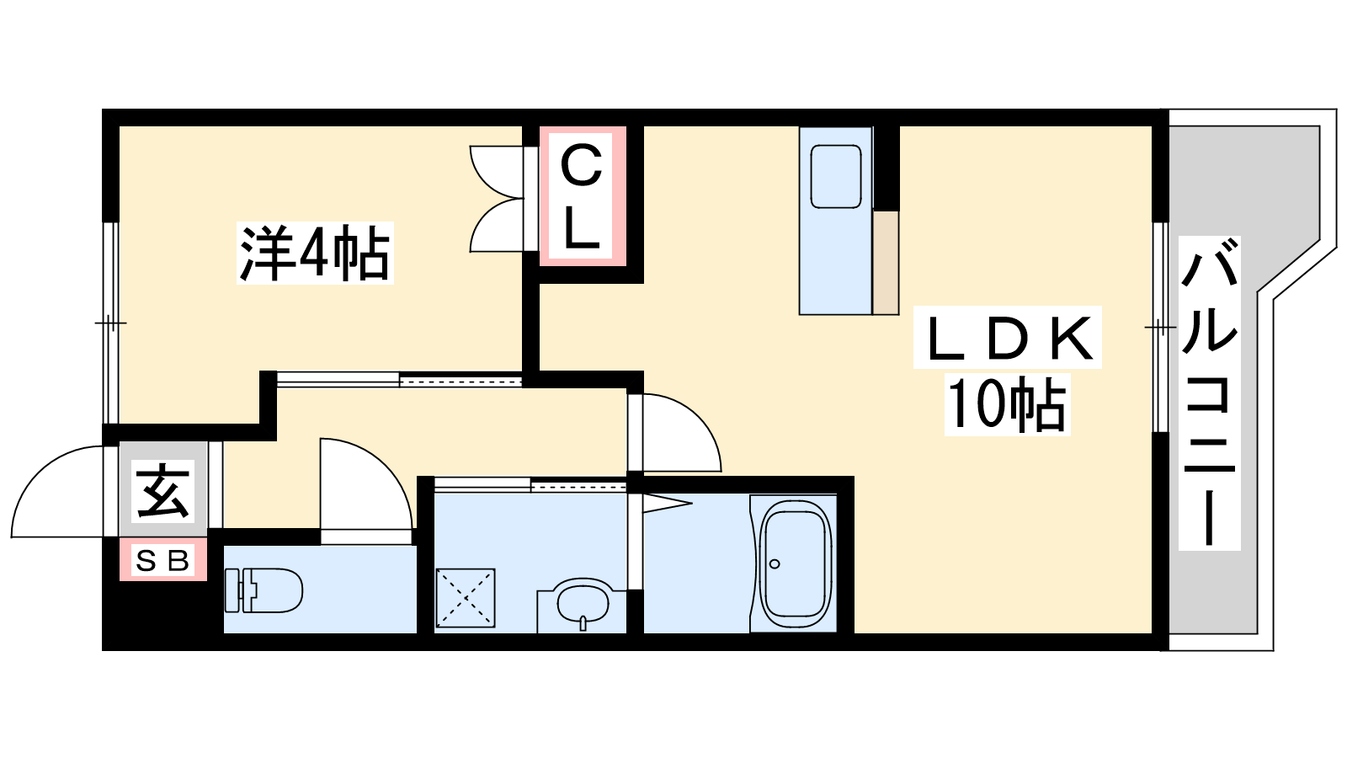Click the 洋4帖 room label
[x=315, y=253]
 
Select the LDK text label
[x=1008, y=338]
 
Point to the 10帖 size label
[x=1007, y=403]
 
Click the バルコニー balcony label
[x=1209, y=392]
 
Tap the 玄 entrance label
[x=163, y=491]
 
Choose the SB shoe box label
[x=163, y=561]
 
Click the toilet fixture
[x=264, y=590]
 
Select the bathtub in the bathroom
[x=796, y=563]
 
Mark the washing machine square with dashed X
[x=466, y=598]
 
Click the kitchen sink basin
[x=836, y=177]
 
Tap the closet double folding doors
[x=497, y=199]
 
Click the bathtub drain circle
[x=775, y=563]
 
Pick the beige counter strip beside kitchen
[x=886, y=262]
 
